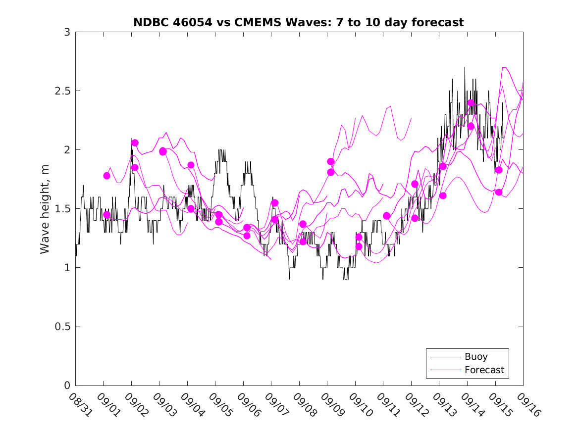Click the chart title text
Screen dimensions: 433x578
[299, 22]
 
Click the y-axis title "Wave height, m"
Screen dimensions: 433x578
[45, 209]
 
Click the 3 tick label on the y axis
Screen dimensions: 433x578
[66, 32]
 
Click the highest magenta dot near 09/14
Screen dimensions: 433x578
[471, 103]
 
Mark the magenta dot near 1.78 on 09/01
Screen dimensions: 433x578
[106, 176]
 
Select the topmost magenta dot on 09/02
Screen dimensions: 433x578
[135, 143]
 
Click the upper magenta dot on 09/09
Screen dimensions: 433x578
[331, 161]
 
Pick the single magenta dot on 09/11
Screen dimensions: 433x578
[387, 216]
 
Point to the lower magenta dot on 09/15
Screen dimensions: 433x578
[499, 192]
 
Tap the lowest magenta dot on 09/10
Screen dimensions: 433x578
[359, 246]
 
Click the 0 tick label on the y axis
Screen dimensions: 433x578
[66, 385]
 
